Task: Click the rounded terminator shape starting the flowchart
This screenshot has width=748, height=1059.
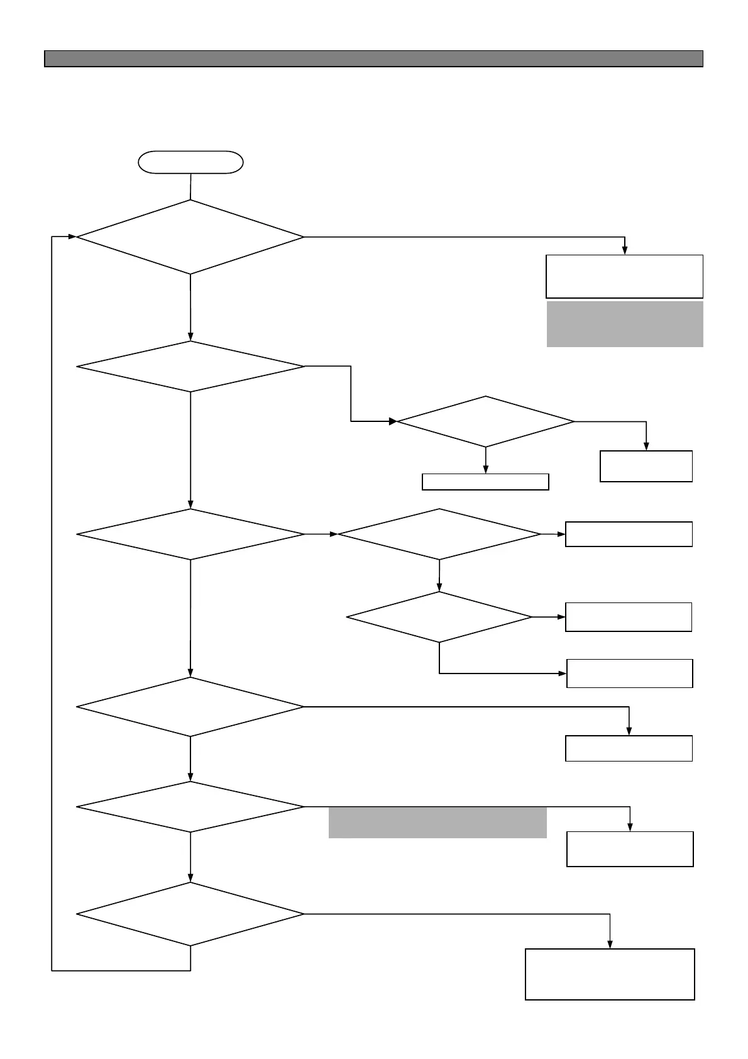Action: pos(190,162)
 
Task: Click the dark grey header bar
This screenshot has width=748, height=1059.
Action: pos(373,58)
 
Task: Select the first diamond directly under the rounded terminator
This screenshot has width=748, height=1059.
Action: pos(190,237)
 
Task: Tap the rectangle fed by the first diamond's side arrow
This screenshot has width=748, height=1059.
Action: pos(624,276)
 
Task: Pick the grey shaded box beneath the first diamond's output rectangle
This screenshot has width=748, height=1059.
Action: pos(624,324)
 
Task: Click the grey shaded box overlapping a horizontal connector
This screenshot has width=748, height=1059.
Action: pos(437,823)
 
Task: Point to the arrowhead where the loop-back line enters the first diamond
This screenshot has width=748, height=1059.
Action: pos(72,237)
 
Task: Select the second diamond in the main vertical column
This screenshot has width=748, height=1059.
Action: pos(190,367)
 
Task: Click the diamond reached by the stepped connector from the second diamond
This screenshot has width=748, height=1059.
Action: pos(485,421)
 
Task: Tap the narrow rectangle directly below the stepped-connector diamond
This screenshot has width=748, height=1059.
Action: pos(485,482)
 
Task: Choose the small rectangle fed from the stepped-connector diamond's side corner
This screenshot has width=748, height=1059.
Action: pos(646,466)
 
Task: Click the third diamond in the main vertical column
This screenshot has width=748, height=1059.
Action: pos(190,535)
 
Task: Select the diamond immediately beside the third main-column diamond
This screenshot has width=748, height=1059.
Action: pos(439,535)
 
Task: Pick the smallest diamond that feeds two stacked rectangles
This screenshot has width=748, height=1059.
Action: pos(439,617)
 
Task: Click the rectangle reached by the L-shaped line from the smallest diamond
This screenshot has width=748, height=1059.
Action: pos(629,674)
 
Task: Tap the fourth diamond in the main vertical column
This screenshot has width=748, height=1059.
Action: pos(190,707)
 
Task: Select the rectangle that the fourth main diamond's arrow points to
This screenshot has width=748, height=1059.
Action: pos(629,748)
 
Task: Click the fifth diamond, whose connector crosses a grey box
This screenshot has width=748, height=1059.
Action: pos(190,807)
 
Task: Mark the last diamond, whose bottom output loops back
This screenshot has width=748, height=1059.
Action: pos(190,914)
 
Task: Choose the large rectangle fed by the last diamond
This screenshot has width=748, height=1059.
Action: pos(610,974)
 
